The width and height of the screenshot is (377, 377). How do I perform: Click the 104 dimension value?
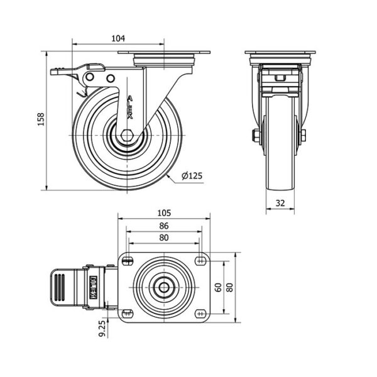[x=118, y=38]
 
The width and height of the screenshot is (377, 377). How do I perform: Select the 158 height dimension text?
[x=41, y=119]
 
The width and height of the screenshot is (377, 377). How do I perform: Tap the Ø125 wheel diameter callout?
[x=192, y=176]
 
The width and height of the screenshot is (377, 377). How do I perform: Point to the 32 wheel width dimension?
[x=280, y=203]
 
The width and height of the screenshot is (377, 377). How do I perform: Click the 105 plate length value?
[x=164, y=213]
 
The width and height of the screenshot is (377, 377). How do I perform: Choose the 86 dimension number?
[x=164, y=226]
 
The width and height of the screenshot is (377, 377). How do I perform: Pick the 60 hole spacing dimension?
[x=218, y=287]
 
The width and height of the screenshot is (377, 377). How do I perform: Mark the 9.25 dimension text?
[x=102, y=328]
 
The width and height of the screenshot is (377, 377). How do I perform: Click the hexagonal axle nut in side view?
[x=127, y=136]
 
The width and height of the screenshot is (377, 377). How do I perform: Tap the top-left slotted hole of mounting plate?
[x=128, y=260]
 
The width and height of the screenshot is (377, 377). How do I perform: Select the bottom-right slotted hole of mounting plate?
[x=200, y=314]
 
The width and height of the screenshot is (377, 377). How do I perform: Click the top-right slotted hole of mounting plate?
[x=200, y=260]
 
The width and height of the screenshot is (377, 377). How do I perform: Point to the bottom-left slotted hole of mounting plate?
[x=128, y=314]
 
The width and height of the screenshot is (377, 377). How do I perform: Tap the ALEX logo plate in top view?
[x=93, y=287]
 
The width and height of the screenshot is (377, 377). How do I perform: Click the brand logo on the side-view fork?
[x=130, y=107]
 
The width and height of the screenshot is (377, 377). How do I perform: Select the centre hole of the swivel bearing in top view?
[x=164, y=287]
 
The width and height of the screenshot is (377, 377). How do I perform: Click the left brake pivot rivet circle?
[x=90, y=77]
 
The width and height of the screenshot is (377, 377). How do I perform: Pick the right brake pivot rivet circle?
[x=111, y=78]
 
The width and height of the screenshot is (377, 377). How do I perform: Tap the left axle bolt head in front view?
[x=256, y=135]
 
